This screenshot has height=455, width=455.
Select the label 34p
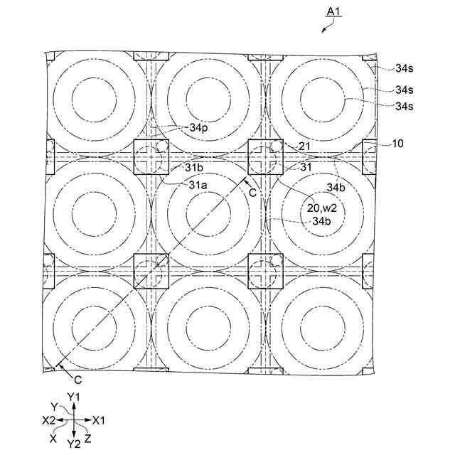point(199,128)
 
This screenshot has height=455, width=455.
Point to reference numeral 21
point(306,146)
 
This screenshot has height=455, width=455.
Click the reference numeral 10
point(397,144)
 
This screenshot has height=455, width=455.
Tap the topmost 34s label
point(405,68)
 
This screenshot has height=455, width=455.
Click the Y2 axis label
point(74,444)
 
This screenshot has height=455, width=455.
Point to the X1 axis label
point(99,419)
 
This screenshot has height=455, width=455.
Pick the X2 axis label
point(48,420)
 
